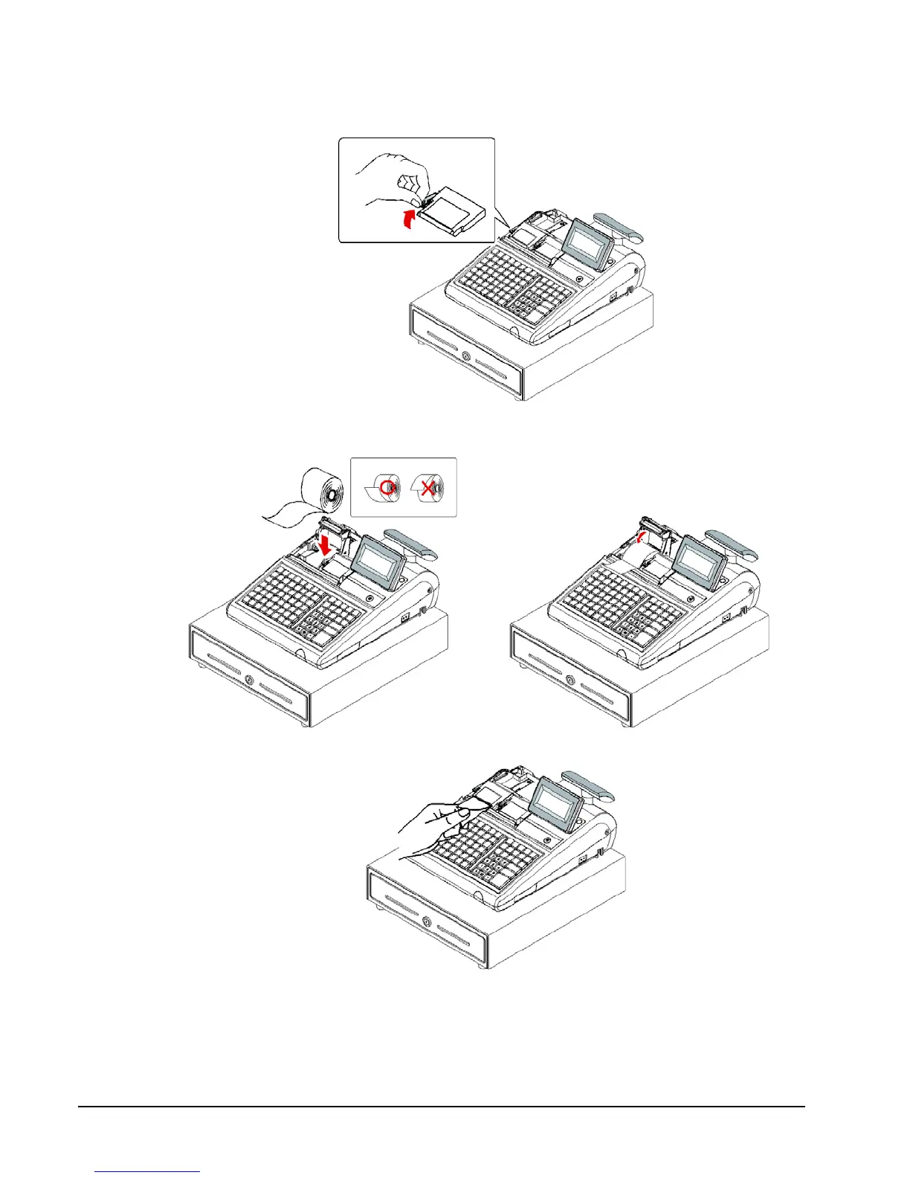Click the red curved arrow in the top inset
click(405, 219)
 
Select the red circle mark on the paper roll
click(387, 487)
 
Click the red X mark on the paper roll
click(427, 488)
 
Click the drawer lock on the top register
click(466, 356)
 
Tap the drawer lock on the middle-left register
click(248, 680)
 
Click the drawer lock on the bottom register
click(427, 922)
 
